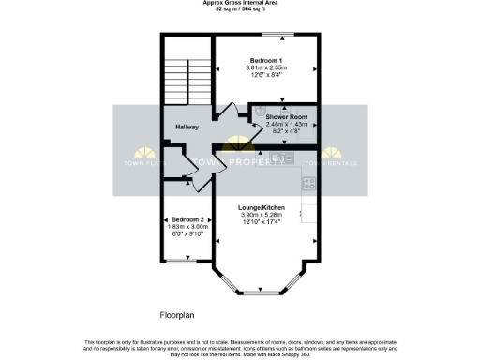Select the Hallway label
[x=185, y=127]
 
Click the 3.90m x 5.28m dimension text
[x=262, y=215]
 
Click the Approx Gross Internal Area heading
[x=240, y=3]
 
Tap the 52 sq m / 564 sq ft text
[x=240, y=9]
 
